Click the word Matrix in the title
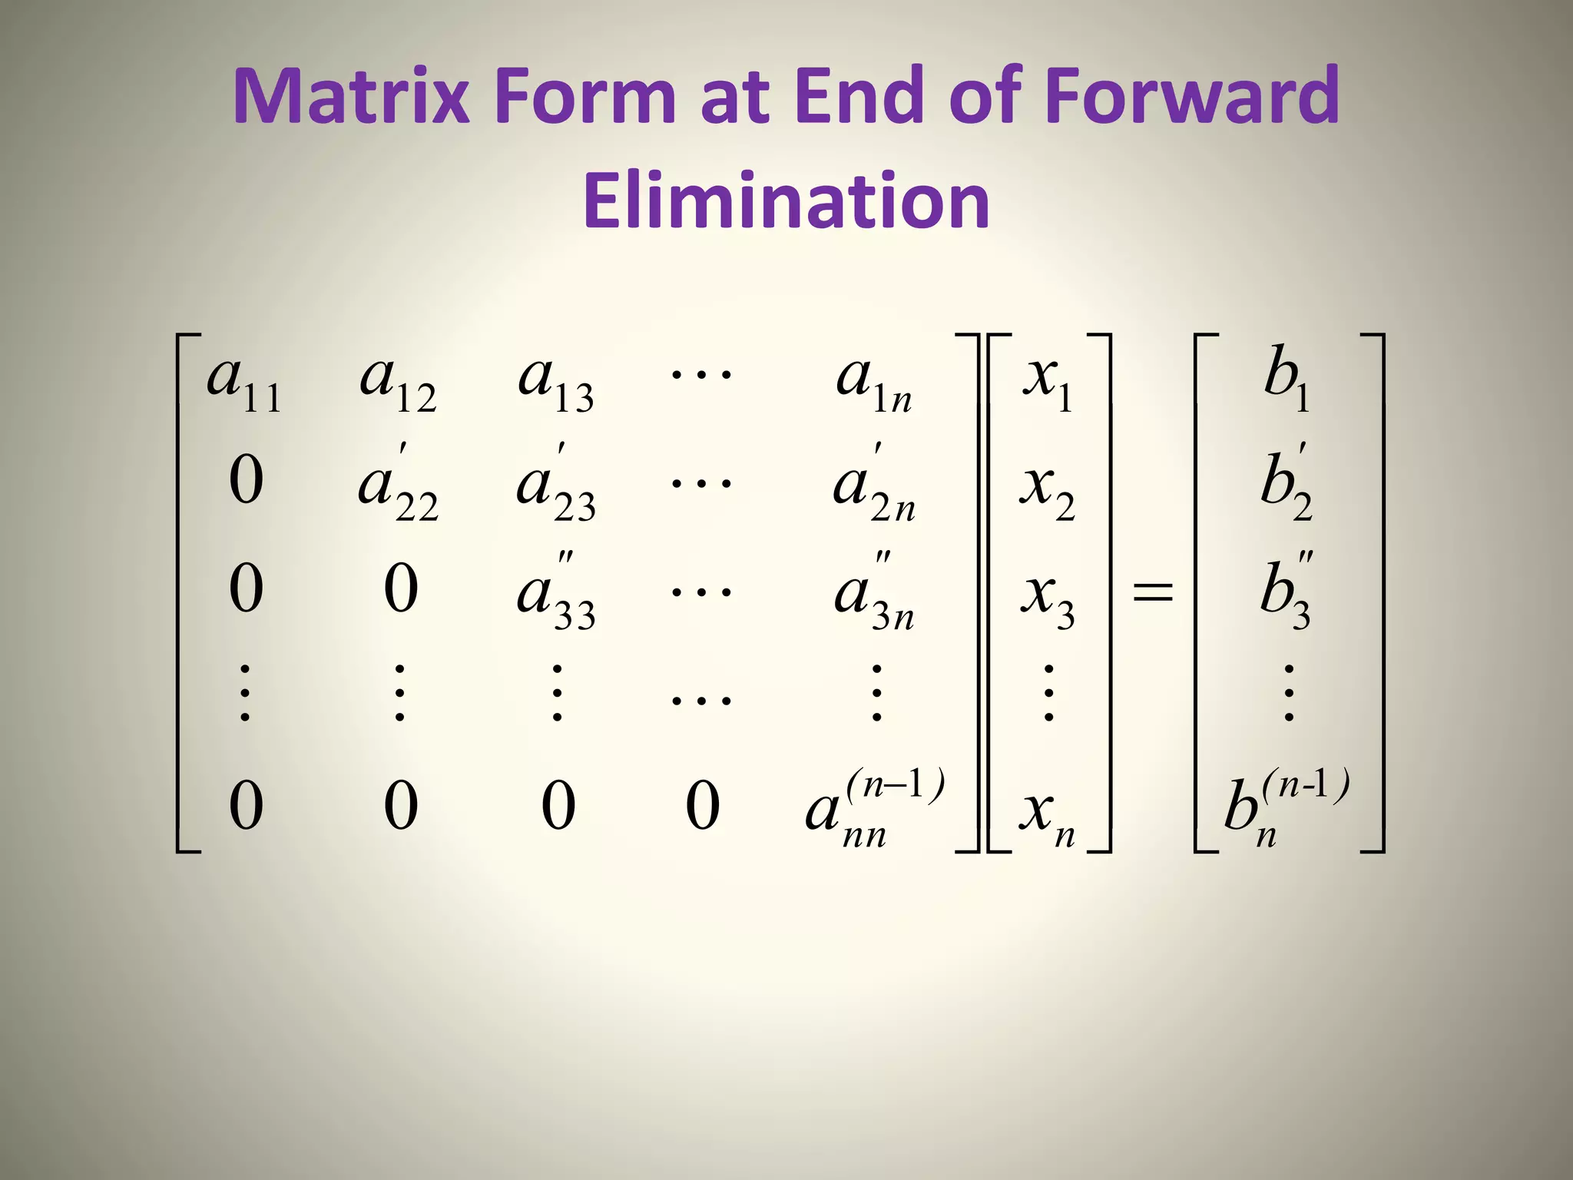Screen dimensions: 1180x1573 tap(350, 96)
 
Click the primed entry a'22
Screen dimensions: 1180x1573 tap(398, 488)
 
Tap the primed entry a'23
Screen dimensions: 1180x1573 tap(555, 488)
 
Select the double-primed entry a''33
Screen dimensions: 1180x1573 tap(555, 595)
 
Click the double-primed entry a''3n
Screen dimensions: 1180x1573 tap(874, 595)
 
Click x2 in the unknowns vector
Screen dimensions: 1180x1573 tap(1047, 492)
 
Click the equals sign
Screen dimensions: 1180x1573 tap(1153, 592)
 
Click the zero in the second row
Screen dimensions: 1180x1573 tap(246, 481)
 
